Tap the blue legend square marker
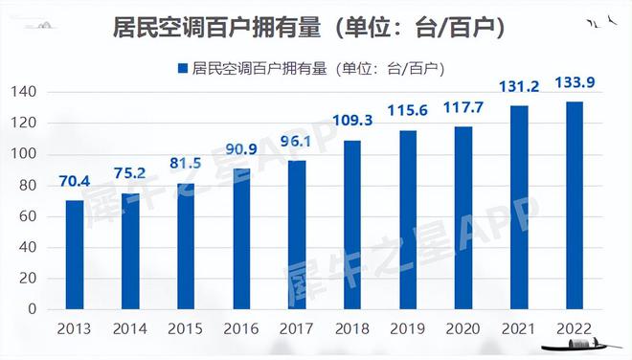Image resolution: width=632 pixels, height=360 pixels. point(183,68)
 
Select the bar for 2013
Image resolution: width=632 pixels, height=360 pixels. point(75,255)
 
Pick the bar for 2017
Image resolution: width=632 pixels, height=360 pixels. point(297,235)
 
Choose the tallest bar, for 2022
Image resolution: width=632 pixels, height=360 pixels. point(574,206)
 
